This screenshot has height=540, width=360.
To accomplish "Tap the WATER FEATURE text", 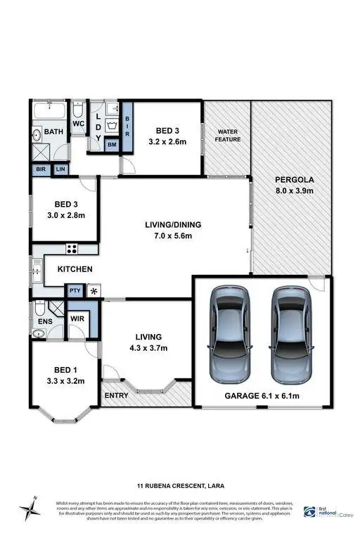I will coord(229,136).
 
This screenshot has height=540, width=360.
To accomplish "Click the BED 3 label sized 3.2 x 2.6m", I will coord(167,135).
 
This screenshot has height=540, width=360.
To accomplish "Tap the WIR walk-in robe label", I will coord(78,319).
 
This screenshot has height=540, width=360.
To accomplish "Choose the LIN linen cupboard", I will coord(60,169).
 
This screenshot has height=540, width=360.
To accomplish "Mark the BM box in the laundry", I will coord(112,144).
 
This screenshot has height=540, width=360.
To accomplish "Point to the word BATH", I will coord(54,132).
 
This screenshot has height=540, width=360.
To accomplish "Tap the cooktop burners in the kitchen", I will coord(71,249).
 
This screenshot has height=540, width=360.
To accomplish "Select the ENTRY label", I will coord(116,396).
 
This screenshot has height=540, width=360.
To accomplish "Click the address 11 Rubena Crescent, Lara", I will coord(179,485).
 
